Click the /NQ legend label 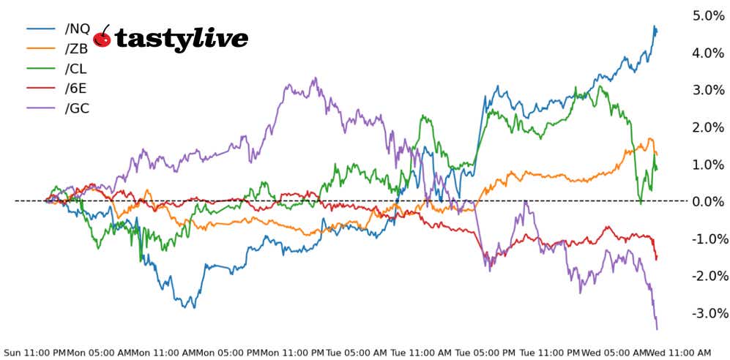(77, 29)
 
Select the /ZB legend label (76, 49)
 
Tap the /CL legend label (76, 69)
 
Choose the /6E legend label (76, 89)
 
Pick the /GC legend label (77, 108)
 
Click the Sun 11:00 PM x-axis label (35, 352)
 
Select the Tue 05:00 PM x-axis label (485, 352)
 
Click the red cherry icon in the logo (103, 38)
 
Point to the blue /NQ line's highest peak (654, 26)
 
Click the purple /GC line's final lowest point (657, 329)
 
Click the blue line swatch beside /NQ (42, 29)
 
